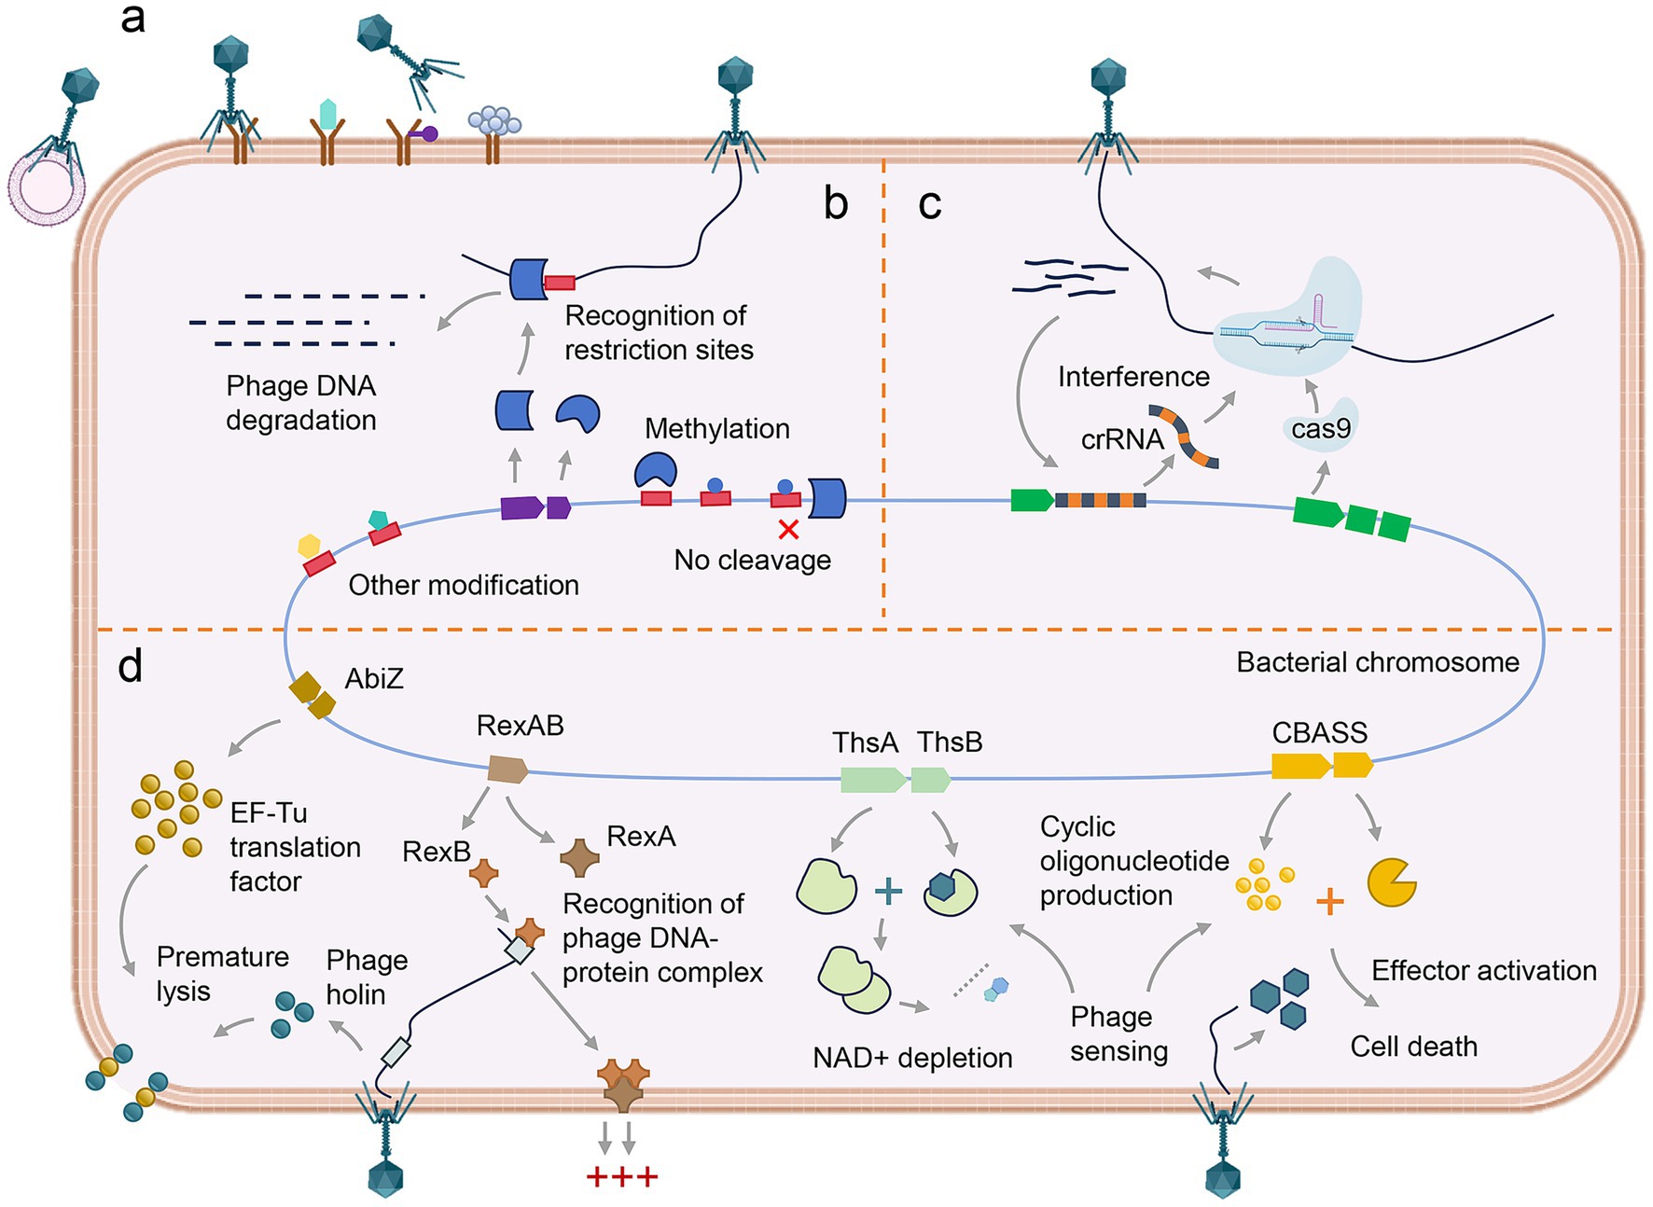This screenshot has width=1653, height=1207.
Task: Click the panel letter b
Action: (x=835, y=203)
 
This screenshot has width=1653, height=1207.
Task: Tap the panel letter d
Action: (x=131, y=666)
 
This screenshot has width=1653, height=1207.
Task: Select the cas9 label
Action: (x=1321, y=429)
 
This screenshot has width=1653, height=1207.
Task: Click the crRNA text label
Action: (x=1122, y=439)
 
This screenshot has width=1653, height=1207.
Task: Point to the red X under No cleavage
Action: (x=788, y=530)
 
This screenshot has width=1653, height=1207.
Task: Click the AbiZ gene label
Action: (x=374, y=678)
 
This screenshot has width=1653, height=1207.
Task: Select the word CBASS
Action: (x=1319, y=733)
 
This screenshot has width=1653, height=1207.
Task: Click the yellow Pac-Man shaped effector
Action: (x=1391, y=882)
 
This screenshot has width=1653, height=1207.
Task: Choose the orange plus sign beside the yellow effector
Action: (x=1329, y=901)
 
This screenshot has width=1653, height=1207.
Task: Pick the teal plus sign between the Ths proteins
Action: (x=888, y=891)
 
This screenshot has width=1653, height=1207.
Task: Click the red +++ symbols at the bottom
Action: (x=622, y=1176)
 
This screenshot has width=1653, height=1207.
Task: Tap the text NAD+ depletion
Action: (x=912, y=1058)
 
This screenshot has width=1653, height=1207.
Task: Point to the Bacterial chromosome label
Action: (x=1377, y=662)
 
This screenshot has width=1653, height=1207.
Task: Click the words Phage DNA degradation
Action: (x=300, y=403)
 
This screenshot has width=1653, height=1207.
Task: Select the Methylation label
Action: (x=716, y=428)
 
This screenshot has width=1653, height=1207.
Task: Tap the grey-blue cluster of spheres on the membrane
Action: (x=494, y=122)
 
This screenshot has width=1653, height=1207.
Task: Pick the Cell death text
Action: (x=1413, y=1047)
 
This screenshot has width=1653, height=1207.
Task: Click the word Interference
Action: (x=1133, y=377)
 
